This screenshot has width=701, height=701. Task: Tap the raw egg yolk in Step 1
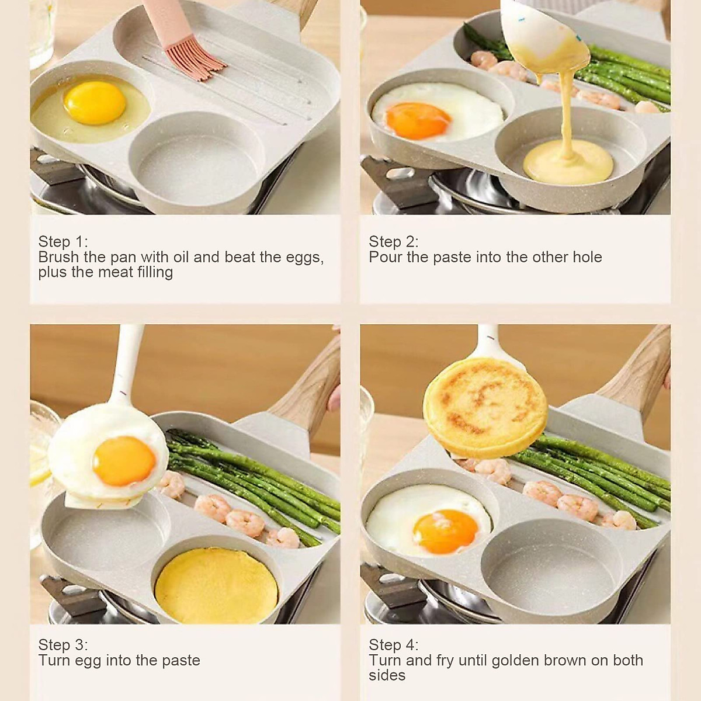[95, 102]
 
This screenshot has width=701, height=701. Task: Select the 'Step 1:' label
[63, 242]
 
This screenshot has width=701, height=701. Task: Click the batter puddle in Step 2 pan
[567, 161]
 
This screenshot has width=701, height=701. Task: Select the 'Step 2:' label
[393, 242]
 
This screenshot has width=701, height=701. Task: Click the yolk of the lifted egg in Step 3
[124, 461]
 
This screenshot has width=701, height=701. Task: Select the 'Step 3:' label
[63, 645]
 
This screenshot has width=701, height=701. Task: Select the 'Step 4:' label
[393, 645]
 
